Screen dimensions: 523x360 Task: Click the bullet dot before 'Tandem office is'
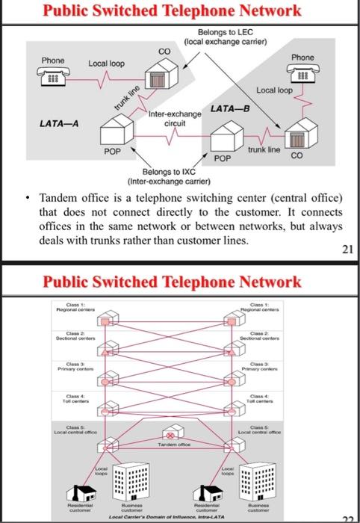25,199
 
